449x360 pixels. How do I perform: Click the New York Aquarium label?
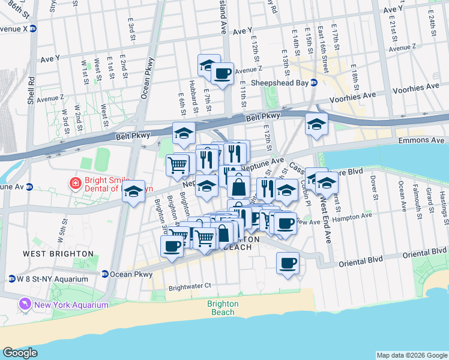tap(71, 304)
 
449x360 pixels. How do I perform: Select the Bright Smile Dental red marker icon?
tap(76, 182)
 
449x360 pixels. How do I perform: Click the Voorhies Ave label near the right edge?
tap(417, 89)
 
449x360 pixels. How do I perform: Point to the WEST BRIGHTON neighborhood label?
tap(58, 254)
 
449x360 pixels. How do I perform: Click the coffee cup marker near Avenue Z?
tap(223, 74)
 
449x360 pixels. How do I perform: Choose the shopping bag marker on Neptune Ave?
tap(239, 186)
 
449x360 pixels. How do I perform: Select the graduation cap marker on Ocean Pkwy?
tap(134, 192)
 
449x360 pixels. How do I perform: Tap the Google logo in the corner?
tap(20, 353)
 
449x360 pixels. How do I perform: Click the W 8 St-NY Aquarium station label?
tap(52, 278)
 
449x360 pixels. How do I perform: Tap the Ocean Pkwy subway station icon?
tap(105, 274)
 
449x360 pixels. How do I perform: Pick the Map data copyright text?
tap(411, 355)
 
